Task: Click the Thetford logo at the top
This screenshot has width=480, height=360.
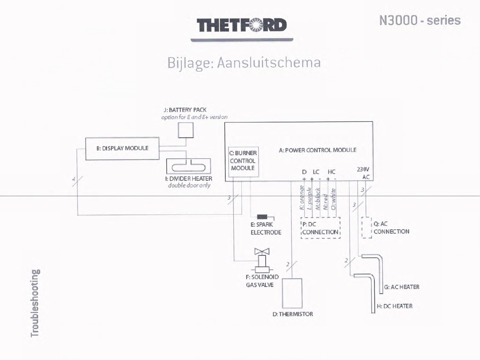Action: pos(242,25)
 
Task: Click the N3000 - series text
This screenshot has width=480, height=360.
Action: pos(420,20)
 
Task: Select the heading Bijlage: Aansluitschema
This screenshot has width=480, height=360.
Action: pos(244,63)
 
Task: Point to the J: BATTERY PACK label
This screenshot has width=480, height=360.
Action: pos(185,110)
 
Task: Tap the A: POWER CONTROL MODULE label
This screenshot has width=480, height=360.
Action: pos(317,150)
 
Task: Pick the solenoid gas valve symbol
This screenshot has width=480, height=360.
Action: pos(262,260)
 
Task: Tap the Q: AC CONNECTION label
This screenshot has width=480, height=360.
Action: pos(392,228)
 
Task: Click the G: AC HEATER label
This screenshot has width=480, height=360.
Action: pos(402,287)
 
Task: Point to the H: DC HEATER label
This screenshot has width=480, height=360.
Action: pos(395,306)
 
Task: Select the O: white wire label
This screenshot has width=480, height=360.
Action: pos(333,199)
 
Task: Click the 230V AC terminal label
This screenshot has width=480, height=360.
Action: pos(363,173)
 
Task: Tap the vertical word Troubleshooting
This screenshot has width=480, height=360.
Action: pos(35,303)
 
